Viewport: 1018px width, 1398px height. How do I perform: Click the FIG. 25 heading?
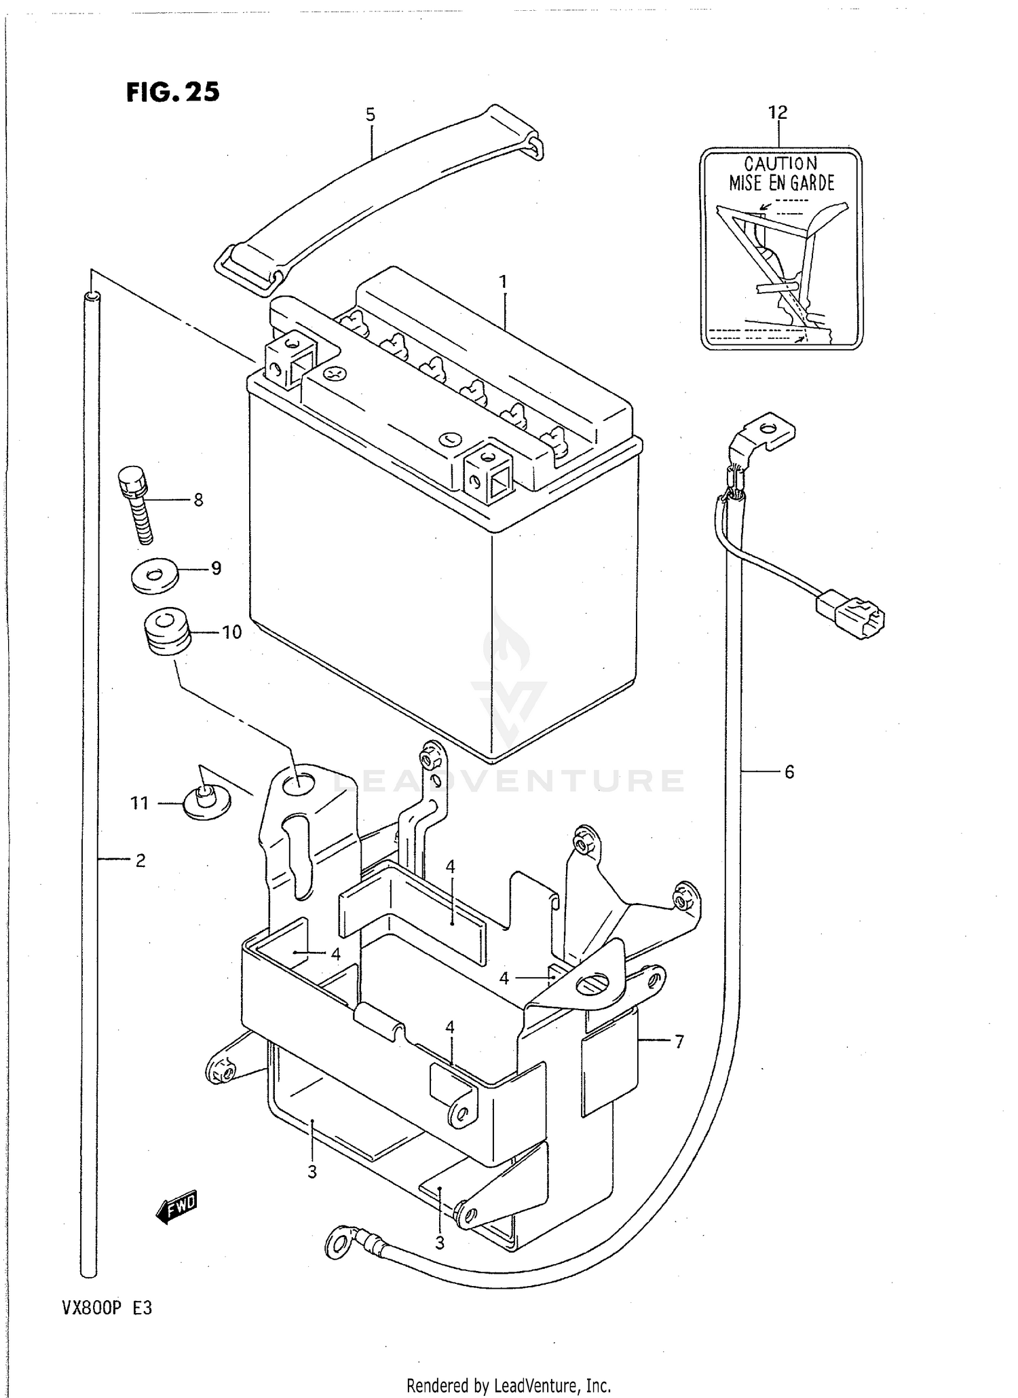pos(173,92)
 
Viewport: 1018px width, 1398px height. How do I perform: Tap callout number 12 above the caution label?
pos(778,112)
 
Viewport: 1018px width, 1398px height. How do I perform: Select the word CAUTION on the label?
pos(781,164)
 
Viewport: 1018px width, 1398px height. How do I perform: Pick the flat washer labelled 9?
pos(154,575)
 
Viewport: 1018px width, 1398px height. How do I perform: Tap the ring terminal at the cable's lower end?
pos(339,1242)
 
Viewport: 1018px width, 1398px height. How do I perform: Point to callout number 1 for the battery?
pos(503,281)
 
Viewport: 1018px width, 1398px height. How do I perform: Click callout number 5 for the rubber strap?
pos(371,115)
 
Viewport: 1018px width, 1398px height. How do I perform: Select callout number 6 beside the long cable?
pos(789,771)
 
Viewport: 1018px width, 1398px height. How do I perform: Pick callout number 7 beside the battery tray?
pos(679,1040)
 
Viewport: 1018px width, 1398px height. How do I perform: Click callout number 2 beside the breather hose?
pos(140,860)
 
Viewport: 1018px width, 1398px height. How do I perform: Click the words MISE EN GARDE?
pos(781,183)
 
